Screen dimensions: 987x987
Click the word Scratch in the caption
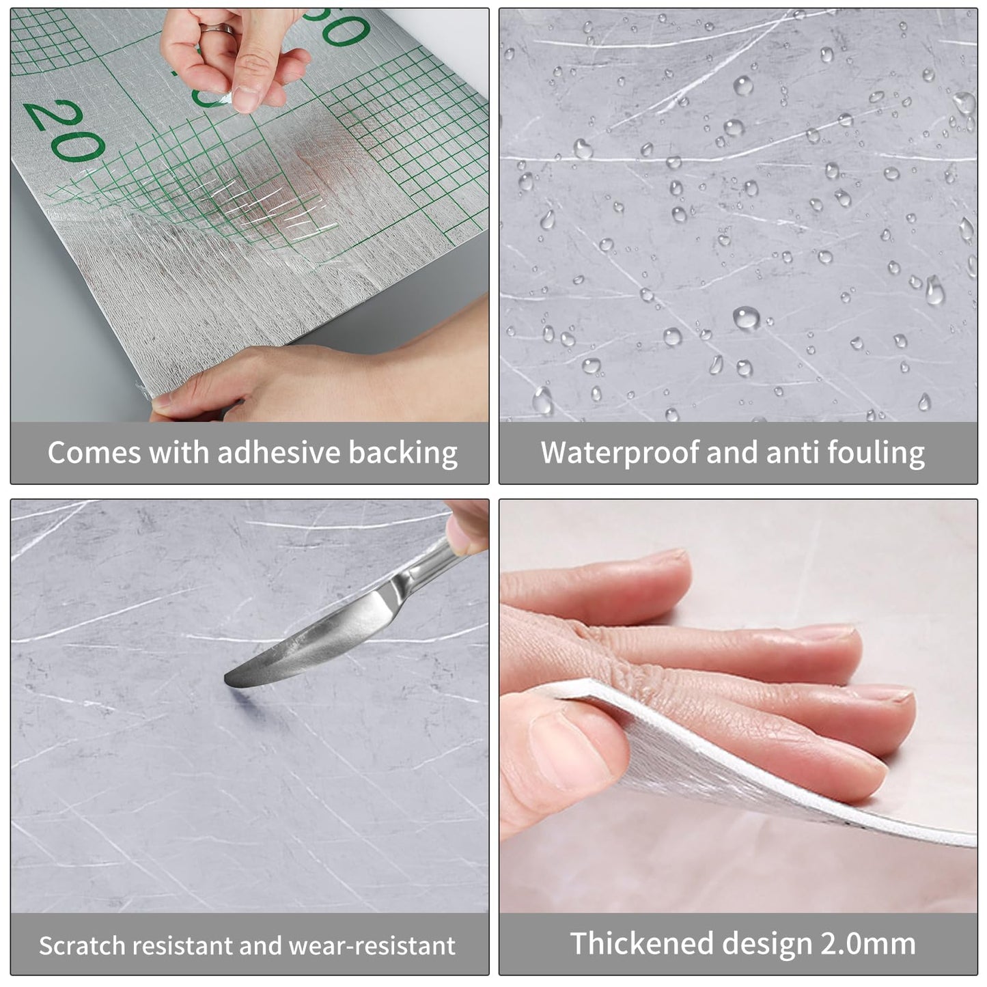click(82, 945)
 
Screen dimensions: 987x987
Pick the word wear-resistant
click(372, 945)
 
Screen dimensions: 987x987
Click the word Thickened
click(641, 943)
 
